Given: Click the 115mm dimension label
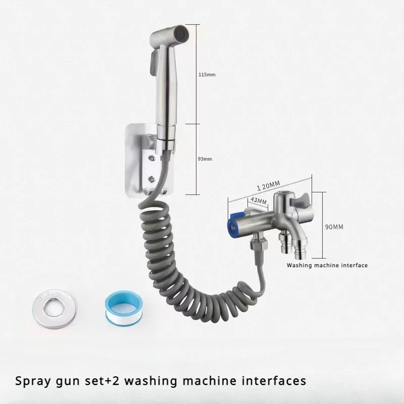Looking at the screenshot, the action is [207, 75].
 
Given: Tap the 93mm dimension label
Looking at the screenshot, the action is [205, 159].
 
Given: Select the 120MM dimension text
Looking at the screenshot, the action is [268, 185].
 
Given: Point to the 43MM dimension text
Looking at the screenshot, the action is [259, 200].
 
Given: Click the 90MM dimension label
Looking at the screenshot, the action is [334, 227].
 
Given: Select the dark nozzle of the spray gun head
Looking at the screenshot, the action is [182, 34].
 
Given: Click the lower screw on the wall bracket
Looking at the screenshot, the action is [153, 178].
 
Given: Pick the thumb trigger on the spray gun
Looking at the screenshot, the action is [153, 61].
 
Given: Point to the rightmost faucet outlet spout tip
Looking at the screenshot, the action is [299, 257].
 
